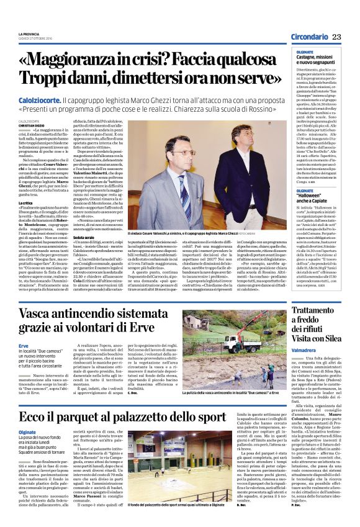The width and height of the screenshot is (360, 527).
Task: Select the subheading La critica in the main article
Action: click(x=25, y=202)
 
